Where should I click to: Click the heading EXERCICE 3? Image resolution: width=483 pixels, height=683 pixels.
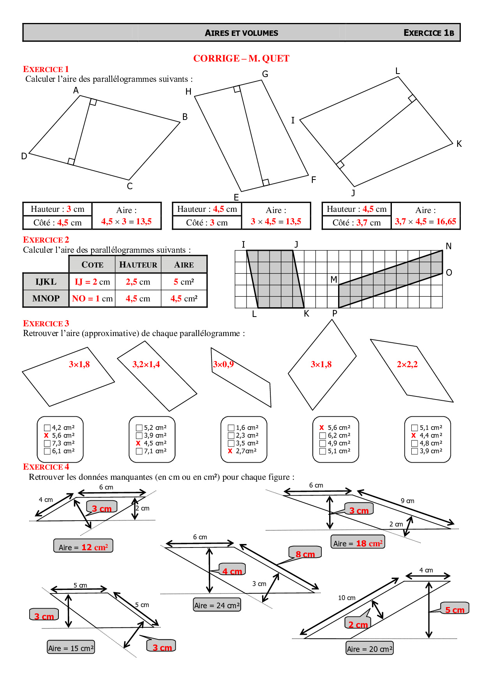click(46, 324)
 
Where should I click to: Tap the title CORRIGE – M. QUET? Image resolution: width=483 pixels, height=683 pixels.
click(241, 58)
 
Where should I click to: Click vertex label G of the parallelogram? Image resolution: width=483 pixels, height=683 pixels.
click(265, 74)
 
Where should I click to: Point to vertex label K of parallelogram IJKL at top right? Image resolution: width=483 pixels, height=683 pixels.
click(459, 144)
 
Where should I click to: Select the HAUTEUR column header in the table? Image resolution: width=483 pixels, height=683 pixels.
click(138, 265)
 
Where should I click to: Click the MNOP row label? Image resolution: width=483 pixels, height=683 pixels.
click(46, 299)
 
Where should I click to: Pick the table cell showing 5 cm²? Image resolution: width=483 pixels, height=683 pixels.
click(184, 282)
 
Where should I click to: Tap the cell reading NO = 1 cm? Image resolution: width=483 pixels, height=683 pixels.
click(92, 299)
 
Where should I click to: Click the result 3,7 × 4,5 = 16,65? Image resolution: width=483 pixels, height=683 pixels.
click(425, 222)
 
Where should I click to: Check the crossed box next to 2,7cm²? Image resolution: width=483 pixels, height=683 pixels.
click(230, 451)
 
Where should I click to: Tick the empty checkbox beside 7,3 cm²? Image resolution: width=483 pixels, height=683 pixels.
click(48, 443)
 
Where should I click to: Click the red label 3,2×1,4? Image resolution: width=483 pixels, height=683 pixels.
click(146, 364)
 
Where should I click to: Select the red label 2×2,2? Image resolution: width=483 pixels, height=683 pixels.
click(407, 364)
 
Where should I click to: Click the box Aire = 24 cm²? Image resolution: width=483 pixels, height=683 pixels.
click(217, 605)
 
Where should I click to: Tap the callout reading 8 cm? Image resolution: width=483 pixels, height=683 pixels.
click(305, 554)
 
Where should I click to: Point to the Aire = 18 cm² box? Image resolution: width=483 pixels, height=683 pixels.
click(358, 543)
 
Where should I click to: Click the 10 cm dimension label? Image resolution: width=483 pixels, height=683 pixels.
click(347, 598)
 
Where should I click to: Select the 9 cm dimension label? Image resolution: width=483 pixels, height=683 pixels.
click(407, 501)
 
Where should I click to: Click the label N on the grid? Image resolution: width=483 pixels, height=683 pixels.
click(448, 246)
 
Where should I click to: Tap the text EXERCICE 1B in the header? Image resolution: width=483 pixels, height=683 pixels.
click(428, 33)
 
